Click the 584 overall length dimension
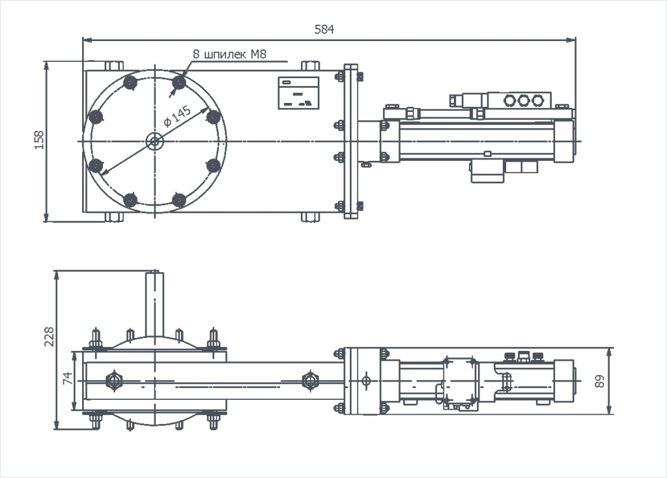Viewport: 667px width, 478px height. (x=324, y=29)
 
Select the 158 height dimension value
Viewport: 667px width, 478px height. (x=38, y=141)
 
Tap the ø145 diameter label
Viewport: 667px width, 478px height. (x=177, y=115)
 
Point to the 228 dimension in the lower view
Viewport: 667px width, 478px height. (x=48, y=337)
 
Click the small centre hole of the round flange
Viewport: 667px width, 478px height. (x=154, y=141)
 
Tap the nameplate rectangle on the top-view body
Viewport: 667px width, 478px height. (x=298, y=92)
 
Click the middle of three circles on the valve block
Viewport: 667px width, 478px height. (x=522, y=100)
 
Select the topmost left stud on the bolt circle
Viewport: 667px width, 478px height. (x=130, y=83)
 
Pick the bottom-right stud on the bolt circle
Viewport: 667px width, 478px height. (x=178, y=199)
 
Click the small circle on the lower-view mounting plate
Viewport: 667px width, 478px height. (x=365, y=380)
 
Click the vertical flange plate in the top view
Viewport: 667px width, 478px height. (x=350, y=141)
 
